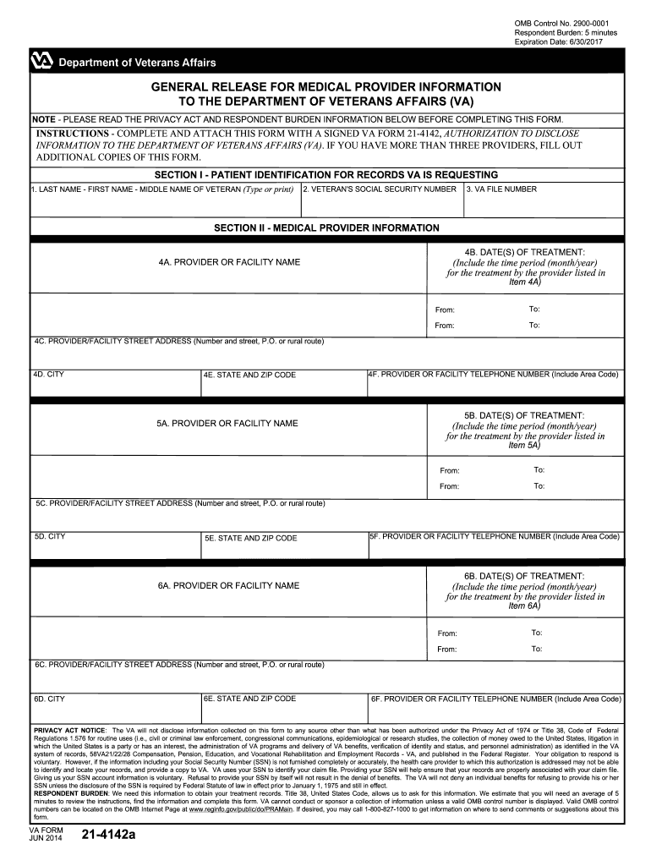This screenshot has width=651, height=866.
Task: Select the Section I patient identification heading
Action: point(326,175)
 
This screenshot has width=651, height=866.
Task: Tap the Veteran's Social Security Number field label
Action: point(380,189)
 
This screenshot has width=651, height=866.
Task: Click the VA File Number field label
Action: point(501,189)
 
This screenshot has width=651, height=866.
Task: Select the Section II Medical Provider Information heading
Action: point(326,228)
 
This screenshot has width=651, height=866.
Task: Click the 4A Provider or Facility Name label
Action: point(228,262)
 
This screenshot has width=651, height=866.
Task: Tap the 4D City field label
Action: point(48,374)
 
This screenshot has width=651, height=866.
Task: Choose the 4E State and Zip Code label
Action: point(249,375)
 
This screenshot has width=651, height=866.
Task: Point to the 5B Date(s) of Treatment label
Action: point(524,415)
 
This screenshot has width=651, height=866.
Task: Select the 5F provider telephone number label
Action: point(494,536)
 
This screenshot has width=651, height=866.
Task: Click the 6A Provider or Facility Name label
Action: point(228,585)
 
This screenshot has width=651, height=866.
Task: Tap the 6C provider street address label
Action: point(179,665)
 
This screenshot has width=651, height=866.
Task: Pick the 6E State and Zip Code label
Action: point(249,699)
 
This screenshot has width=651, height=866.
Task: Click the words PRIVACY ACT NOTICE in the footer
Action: point(69,729)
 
